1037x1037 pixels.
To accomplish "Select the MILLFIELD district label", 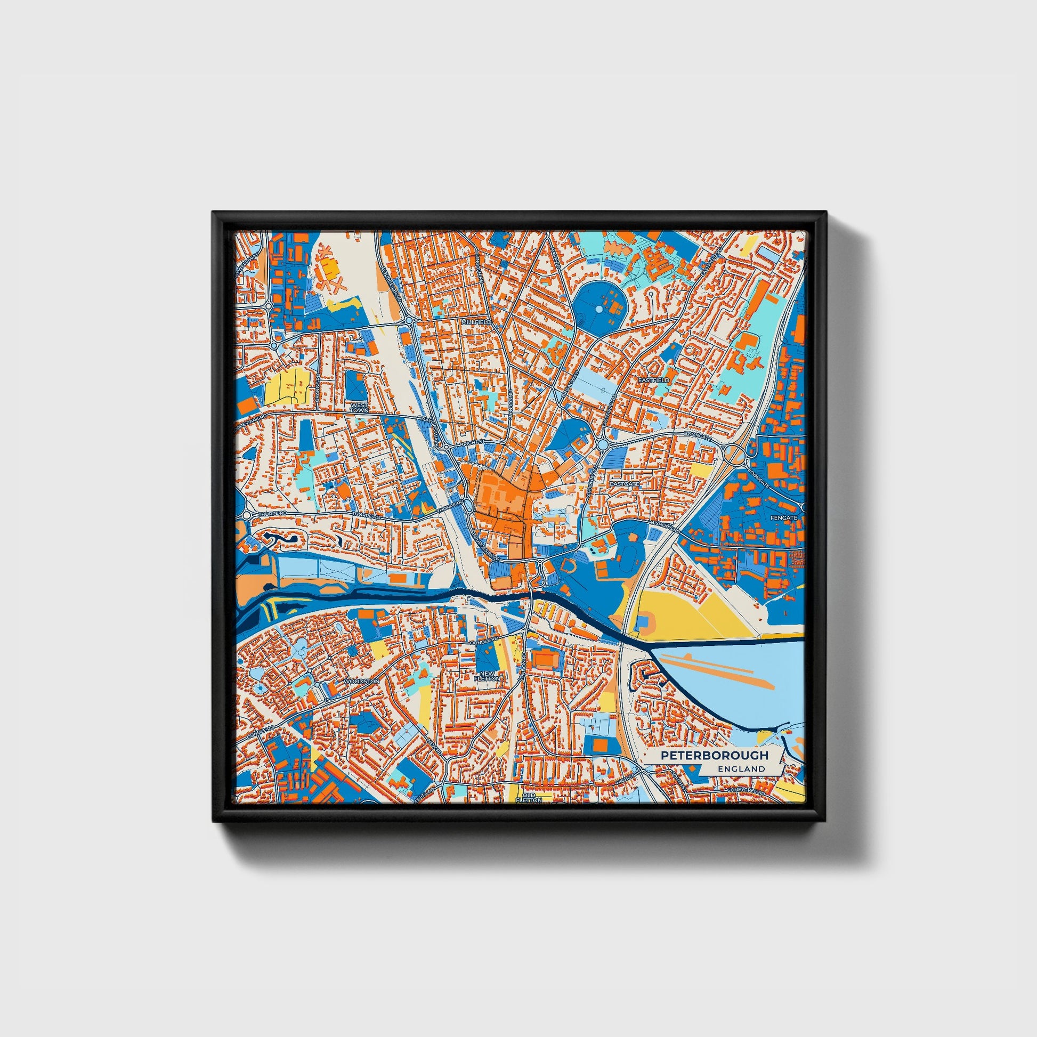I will (x=476, y=321).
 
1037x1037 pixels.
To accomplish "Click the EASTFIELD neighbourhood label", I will (x=654, y=379).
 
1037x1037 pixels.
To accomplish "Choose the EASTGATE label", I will (x=625, y=484).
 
